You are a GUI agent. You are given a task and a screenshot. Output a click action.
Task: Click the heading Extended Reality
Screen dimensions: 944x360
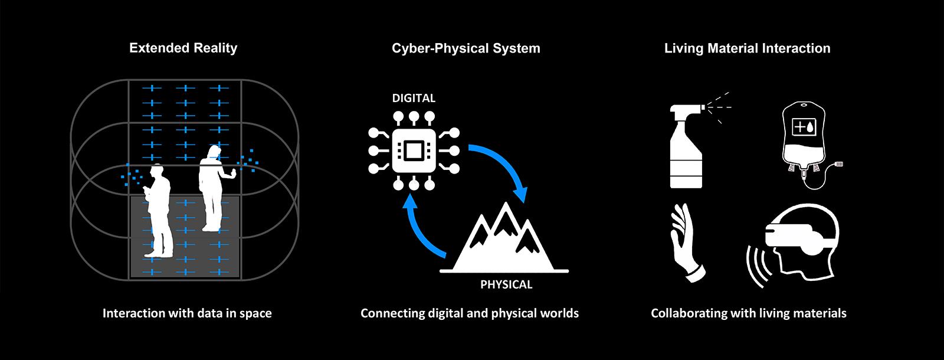click(183, 48)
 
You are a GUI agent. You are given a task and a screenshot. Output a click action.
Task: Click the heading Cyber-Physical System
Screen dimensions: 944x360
click(466, 48)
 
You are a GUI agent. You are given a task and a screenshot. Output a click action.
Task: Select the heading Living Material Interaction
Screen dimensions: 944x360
click(747, 48)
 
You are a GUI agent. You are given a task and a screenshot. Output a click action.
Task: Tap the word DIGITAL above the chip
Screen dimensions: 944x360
click(414, 98)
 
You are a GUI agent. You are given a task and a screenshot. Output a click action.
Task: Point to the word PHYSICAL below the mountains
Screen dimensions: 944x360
click(506, 284)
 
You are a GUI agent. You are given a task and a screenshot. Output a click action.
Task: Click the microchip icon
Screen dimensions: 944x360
click(414, 151)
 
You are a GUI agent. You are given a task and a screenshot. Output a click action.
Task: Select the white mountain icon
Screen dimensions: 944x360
click(504, 238)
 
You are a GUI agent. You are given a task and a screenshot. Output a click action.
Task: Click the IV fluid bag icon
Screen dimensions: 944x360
click(809, 145)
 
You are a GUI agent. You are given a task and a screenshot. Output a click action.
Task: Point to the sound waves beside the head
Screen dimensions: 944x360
click(759, 266)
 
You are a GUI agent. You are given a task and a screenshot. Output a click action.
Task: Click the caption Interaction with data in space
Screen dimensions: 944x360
click(187, 313)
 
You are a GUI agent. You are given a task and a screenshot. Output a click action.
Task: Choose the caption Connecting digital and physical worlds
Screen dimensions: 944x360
click(470, 313)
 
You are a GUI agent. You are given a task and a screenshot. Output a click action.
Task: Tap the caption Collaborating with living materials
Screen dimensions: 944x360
click(749, 313)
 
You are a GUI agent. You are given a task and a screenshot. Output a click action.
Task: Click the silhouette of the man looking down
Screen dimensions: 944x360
click(158, 211)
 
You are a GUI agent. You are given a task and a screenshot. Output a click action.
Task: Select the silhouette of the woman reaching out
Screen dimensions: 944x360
click(215, 188)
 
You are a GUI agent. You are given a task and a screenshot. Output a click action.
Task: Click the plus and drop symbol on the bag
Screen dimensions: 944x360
click(804, 126)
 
